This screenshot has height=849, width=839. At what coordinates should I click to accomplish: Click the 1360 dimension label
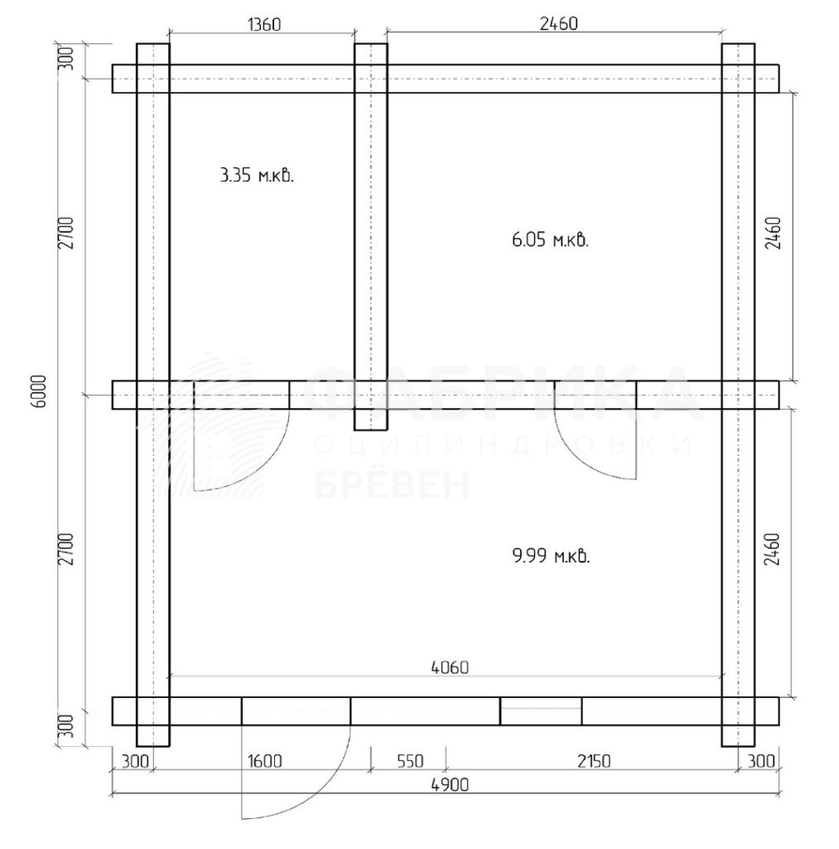[x=264, y=24]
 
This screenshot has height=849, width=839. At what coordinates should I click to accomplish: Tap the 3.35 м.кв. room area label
[x=257, y=176]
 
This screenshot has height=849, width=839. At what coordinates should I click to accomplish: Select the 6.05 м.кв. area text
[x=550, y=240]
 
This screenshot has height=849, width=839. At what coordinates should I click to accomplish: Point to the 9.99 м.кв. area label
[x=551, y=555]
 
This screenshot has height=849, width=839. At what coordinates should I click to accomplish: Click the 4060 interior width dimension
[x=450, y=667]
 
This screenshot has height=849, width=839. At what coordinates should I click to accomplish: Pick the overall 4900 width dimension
[x=450, y=784]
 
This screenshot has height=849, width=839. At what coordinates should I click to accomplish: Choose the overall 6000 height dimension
[x=41, y=391]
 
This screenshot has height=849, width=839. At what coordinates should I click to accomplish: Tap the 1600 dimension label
[x=265, y=761]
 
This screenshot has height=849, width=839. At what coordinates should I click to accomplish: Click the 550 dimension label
[x=410, y=761]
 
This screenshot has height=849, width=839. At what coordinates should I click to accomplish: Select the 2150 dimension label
[x=593, y=761]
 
